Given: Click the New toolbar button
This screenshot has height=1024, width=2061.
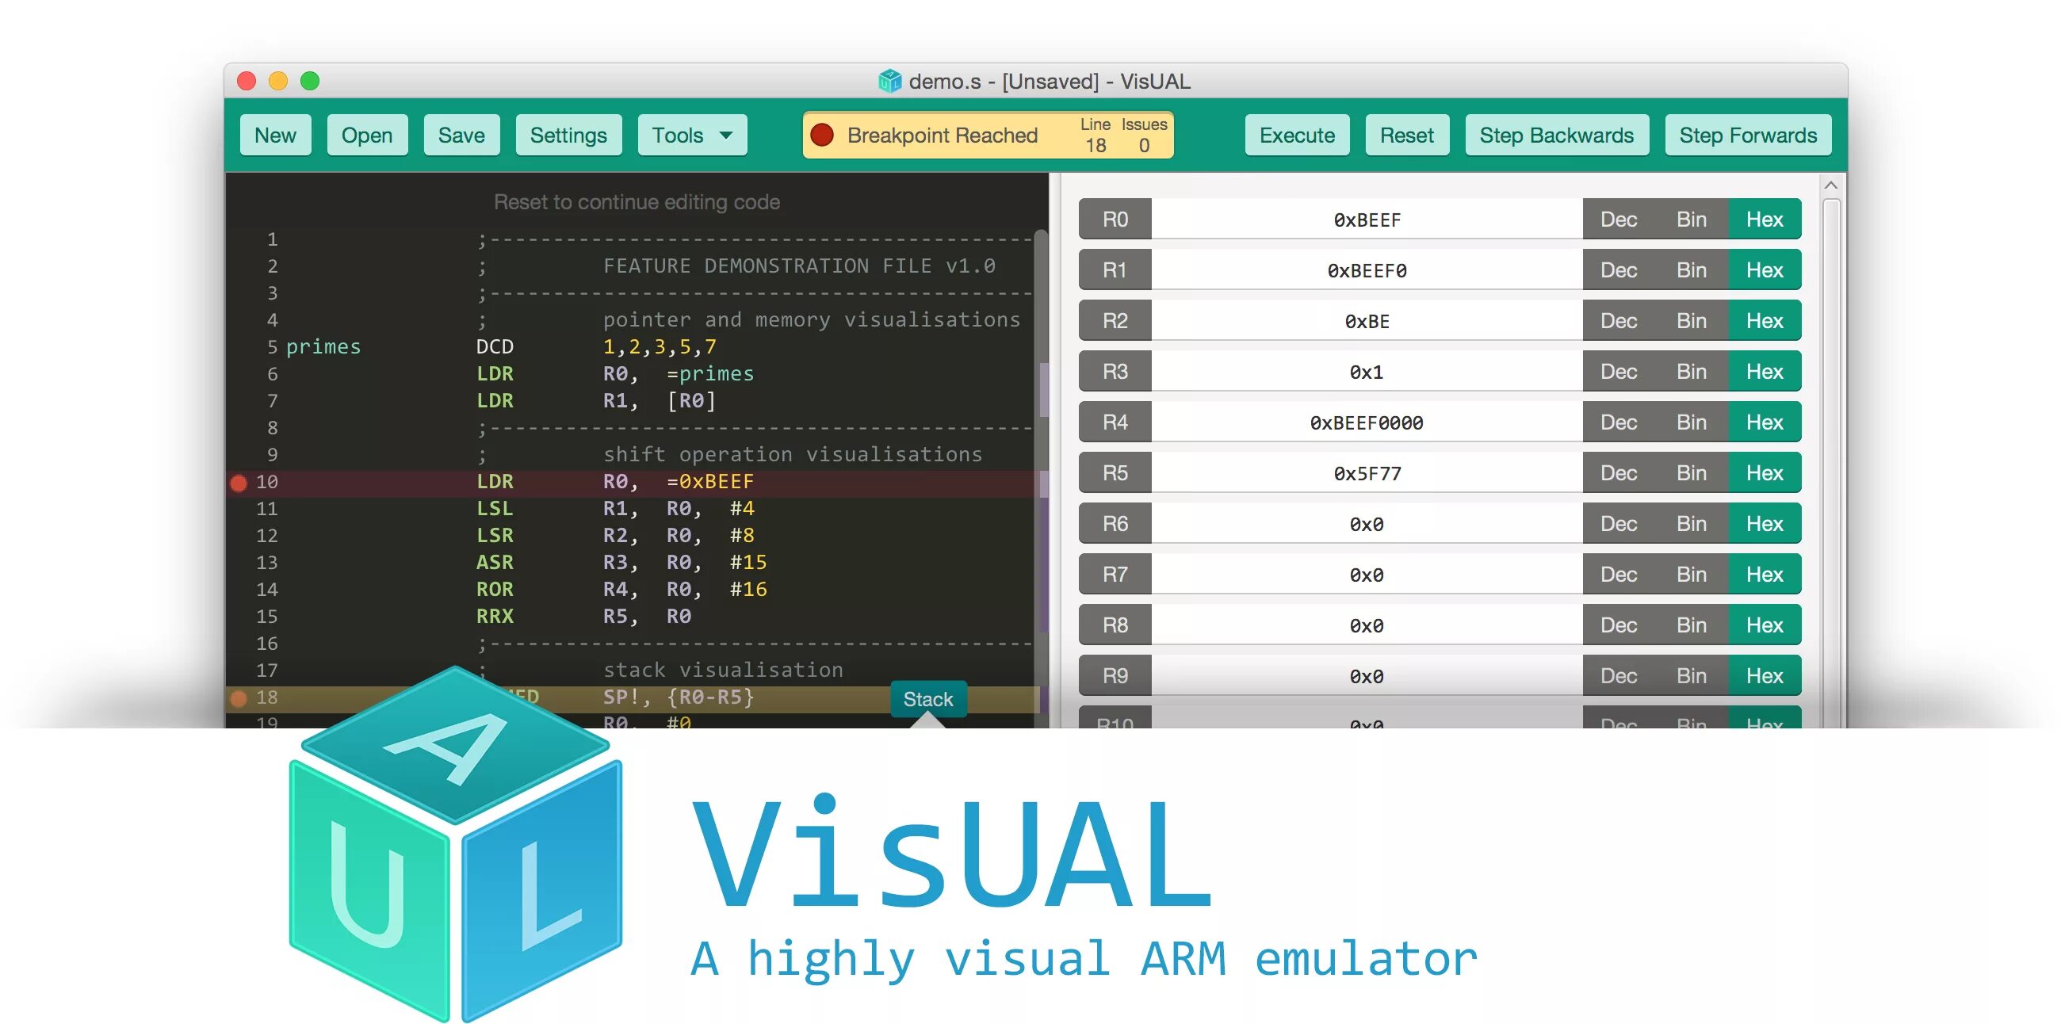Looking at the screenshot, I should click(274, 136).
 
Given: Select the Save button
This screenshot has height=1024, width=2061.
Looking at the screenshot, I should click(461, 136).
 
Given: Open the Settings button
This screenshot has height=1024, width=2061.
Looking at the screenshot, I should click(568, 136).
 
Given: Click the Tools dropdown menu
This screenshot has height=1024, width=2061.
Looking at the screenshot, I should click(692, 136).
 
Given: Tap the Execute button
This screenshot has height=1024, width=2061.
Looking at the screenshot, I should click(1296, 136).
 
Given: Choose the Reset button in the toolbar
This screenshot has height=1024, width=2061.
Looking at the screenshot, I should click(1405, 136).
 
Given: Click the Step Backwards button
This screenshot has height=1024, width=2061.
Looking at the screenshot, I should click(1555, 136).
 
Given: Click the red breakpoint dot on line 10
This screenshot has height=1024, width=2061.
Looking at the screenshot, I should click(239, 483).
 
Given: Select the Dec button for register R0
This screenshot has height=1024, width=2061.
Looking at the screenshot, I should click(1618, 220).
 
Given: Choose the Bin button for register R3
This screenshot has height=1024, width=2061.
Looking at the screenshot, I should click(1691, 371).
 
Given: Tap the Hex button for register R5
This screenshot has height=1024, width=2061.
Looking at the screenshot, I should click(1765, 473).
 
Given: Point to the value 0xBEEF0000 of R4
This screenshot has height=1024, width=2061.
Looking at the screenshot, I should click(1366, 422).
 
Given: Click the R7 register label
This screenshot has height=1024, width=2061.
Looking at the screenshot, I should click(1115, 575).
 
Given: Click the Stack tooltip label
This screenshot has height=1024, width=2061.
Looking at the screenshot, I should click(927, 699).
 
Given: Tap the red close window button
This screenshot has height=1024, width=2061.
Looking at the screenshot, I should click(247, 81).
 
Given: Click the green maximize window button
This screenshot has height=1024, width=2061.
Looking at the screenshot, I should click(310, 81).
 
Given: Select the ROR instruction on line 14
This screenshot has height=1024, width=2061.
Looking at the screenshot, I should click(495, 590).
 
